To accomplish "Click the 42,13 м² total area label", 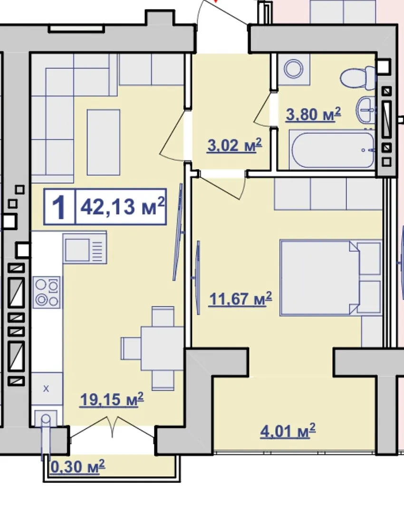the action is pos(122,207).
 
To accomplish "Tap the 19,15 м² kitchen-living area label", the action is pos(112,399).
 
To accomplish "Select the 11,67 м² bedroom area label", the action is pos(240,299).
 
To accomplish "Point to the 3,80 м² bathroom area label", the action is pos(313,114).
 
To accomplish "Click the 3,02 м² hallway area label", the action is pos(234,145).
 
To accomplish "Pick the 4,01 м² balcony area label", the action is pos(288,431).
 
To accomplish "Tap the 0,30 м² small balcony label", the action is pos(77,466).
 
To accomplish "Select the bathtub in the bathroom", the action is pos(332,150).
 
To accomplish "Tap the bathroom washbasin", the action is pos(366,110).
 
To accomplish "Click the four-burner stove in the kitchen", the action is pos(47,293).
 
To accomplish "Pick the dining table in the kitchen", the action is pos(162,348).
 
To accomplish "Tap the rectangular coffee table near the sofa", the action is pos(104,142).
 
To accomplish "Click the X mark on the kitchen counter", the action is pos(46,388).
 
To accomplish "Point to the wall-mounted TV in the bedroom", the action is pos(198,277).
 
